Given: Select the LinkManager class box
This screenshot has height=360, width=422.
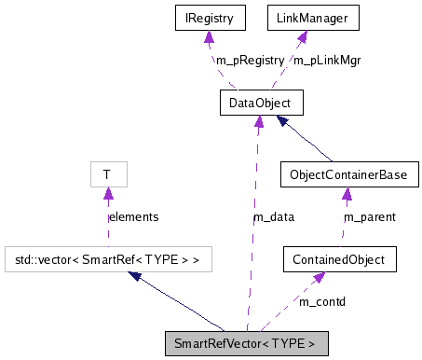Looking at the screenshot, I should pyautogui.click(x=302, y=17).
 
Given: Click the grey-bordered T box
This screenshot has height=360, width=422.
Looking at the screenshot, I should pyautogui.click(x=107, y=174).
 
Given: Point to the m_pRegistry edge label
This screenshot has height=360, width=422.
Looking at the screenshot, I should pyautogui.click(x=250, y=60).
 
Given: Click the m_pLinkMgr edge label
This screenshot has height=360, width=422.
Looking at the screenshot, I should pyautogui.click(x=327, y=60).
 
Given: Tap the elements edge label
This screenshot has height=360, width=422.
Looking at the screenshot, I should pyautogui.click(x=133, y=216).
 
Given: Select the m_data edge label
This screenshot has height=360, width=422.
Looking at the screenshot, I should pyautogui.click(x=274, y=216).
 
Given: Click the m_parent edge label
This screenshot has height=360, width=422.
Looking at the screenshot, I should pyautogui.click(x=370, y=216).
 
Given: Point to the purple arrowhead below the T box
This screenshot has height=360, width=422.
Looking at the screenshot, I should pyautogui.click(x=108, y=193).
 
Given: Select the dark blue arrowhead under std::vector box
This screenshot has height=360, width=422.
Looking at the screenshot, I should pyautogui.click(x=136, y=276).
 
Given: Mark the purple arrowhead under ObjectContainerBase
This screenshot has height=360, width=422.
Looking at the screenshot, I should pyautogui.click(x=346, y=193).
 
